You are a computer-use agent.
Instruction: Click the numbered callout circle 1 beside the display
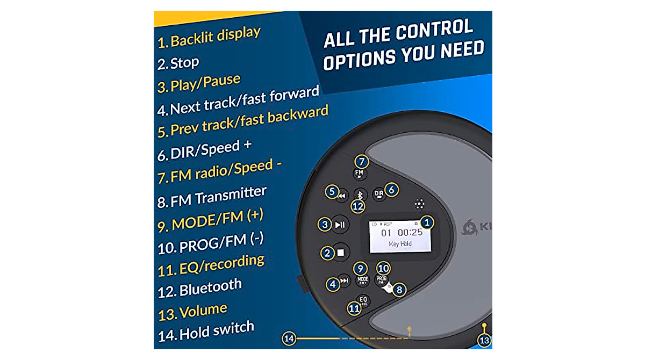(427, 221)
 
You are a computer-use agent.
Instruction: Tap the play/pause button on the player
(340, 225)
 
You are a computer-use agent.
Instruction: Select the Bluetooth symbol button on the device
(361, 193)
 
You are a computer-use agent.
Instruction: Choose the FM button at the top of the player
(360, 173)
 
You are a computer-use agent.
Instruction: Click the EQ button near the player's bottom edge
(363, 300)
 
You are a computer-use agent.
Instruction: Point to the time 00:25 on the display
(410, 233)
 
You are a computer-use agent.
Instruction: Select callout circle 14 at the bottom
(289, 338)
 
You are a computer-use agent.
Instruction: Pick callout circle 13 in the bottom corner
(484, 340)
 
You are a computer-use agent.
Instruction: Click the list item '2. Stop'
(178, 63)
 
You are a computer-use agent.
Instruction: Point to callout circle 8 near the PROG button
(399, 290)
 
